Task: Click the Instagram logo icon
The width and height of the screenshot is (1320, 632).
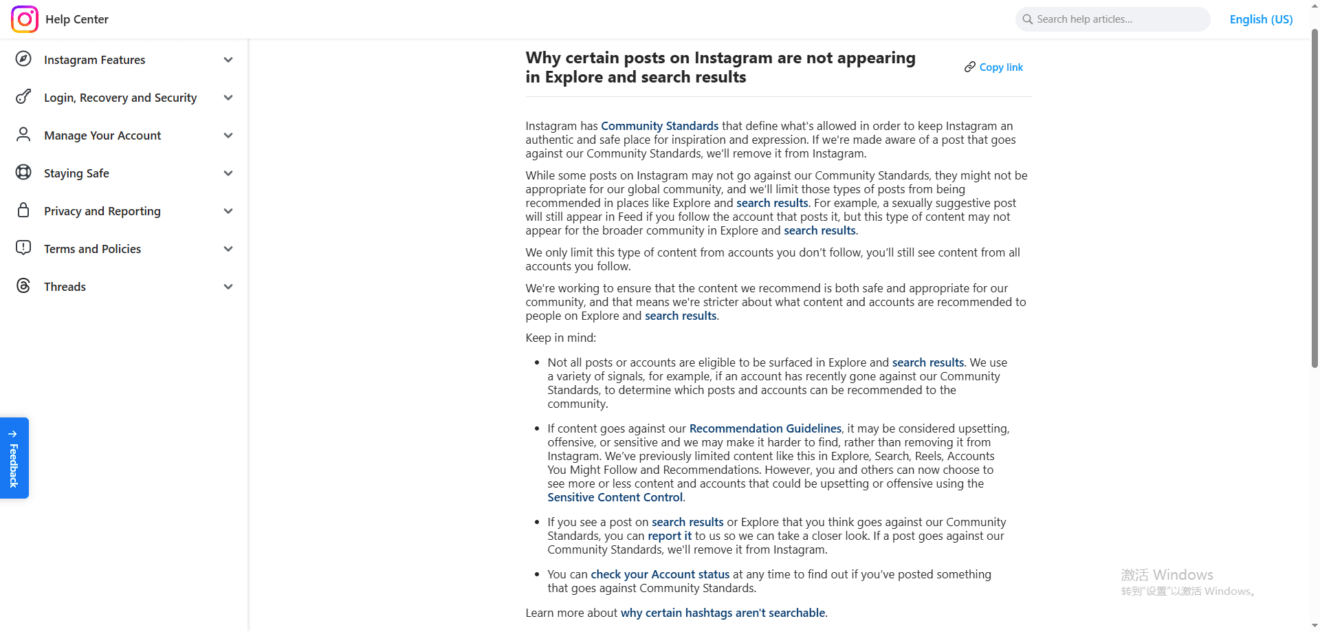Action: pyautogui.click(x=25, y=19)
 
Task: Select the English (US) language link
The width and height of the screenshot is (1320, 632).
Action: pyautogui.click(x=1261, y=19)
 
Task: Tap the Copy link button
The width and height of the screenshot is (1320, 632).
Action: pyautogui.click(x=994, y=67)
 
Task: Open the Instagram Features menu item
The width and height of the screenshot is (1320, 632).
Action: pyautogui.click(x=94, y=60)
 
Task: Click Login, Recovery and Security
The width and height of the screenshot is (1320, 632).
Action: pyautogui.click(x=120, y=98)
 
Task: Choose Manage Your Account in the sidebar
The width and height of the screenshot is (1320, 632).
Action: pyautogui.click(x=102, y=135)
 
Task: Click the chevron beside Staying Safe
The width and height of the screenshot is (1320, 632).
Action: pyautogui.click(x=228, y=173)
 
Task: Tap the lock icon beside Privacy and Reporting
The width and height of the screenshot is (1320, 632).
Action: pyautogui.click(x=23, y=210)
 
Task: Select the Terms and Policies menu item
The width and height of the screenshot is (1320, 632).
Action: pyautogui.click(x=92, y=249)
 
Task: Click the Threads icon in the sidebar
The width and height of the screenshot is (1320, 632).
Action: pyautogui.click(x=23, y=286)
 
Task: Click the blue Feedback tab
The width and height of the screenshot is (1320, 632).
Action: pyautogui.click(x=14, y=458)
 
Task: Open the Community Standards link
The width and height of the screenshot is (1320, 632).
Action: pyautogui.click(x=659, y=126)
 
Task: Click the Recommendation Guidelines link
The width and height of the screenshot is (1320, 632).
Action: pyautogui.click(x=765, y=428)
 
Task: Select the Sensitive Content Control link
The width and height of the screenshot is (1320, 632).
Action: pyautogui.click(x=615, y=497)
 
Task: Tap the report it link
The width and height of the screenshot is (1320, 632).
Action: pyautogui.click(x=670, y=536)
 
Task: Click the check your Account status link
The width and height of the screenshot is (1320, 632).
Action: pyautogui.click(x=660, y=574)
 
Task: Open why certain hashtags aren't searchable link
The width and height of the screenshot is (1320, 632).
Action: pyautogui.click(x=723, y=613)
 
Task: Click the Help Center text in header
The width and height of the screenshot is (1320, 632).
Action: pyautogui.click(x=77, y=19)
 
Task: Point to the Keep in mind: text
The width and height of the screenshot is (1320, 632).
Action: pyautogui.click(x=560, y=338)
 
